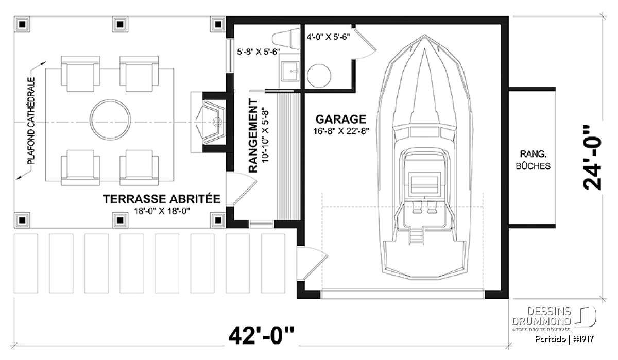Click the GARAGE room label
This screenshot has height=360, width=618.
pyautogui.click(x=341, y=119)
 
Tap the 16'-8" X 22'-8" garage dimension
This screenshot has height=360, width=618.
pyautogui.click(x=341, y=131)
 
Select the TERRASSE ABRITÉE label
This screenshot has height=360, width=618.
pyautogui.click(x=162, y=199)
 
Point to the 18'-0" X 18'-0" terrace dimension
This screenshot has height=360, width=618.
pyautogui.click(x=162, y=211)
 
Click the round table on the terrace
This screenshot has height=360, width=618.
pyautogui.click(x=110, y=119)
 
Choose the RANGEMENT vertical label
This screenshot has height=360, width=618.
pyautogui.click(x=253, y=136)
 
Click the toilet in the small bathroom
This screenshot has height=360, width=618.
pyautogui.click(x=286, y=39)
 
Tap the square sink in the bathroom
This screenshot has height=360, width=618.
pyautogui.click(x=290, y=72)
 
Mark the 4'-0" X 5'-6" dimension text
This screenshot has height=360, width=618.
pyautogui.click(x=329, y=37)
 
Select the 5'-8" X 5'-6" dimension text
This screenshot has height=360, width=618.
pyautogui.click(x=259, y=52)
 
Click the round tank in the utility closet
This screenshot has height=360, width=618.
pyautogui.click(x=319, y=76)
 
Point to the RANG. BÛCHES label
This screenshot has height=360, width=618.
pyautogui.click(x=533, y=160)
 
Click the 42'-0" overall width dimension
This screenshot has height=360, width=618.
pyautogui.click(x=261, y=335)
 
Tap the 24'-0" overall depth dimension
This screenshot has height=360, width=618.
pyautogui.click(x=592, y=158)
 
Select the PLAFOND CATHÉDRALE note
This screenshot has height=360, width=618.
pyautogui.click(x=31, y=121)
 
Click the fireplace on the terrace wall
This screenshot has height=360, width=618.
pyautogui.click(x=211, y=122)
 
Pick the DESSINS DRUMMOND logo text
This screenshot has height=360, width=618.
pyautogui.click(x=542, y=316)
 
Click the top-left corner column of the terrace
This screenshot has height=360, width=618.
pyautogui.click(x=22, y=24)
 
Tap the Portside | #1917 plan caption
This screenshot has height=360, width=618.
pyautogui.click(x=564, y=339)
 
